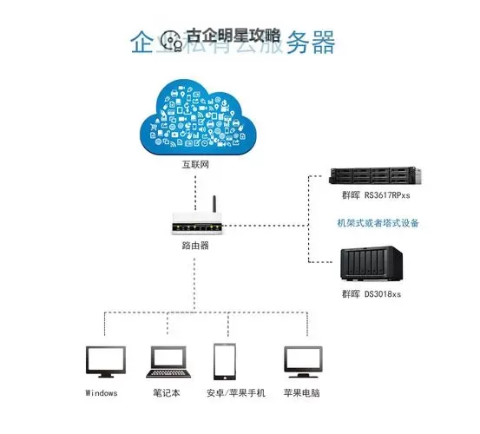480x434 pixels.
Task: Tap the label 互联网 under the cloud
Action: tap(195, 165)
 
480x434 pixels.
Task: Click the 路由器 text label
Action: tap(194, 247)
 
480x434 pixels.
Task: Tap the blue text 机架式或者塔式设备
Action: tap(378, 223)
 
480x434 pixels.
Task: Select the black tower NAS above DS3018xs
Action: tap(372, 264)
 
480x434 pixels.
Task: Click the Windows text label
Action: tap(102, 393)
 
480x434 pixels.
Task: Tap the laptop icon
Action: tap(167, 361)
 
